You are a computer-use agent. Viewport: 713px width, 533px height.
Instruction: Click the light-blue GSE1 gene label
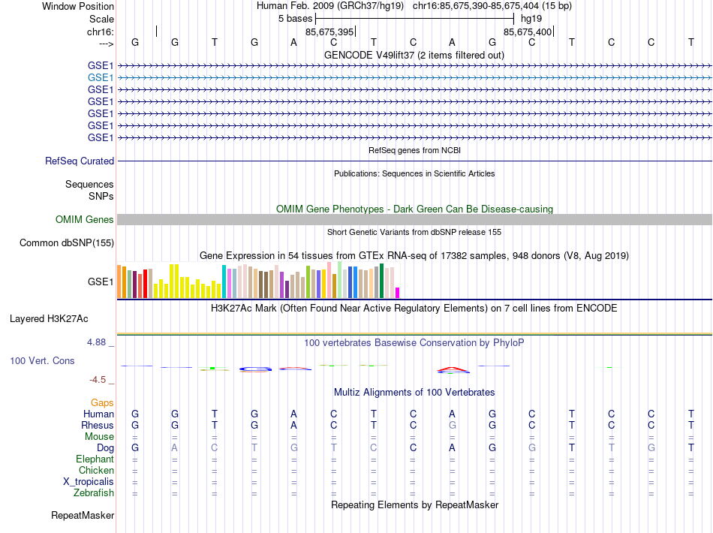[x=101, y=77]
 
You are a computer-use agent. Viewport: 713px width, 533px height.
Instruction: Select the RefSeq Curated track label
[x=80, y=161]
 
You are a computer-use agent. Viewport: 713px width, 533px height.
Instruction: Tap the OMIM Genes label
[x=85, y=219]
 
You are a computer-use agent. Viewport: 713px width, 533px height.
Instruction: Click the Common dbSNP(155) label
[x=67, y=242]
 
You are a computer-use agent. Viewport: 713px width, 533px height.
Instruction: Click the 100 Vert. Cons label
[x=42, y=360]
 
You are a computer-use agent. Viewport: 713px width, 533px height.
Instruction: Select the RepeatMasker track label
[x=83, y=516]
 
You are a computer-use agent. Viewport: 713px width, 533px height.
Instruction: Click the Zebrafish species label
[x=94, y=493]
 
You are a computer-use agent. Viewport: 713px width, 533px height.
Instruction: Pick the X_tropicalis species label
[x=89, y=482]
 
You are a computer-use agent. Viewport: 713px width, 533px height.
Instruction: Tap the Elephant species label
[x=95, y=459]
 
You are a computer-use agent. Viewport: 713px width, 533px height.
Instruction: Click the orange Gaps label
[x=102, y=403]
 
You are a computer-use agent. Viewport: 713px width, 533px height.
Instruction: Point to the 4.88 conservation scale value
[x=101, y=342]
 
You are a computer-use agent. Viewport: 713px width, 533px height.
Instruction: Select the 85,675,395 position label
[x=329, y=32]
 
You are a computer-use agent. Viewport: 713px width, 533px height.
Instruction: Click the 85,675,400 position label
[x=528, y=32]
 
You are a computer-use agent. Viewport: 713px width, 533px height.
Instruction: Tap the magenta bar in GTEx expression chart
[x=398, y=293]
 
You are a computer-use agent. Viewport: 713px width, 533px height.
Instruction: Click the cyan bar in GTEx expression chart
[x=224, y=282]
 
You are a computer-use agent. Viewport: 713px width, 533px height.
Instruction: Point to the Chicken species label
[x=96, y=470]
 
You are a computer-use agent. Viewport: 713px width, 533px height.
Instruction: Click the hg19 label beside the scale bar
[x=531, y=18]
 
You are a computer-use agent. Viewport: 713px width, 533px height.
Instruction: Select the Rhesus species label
[x=98, y=425]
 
